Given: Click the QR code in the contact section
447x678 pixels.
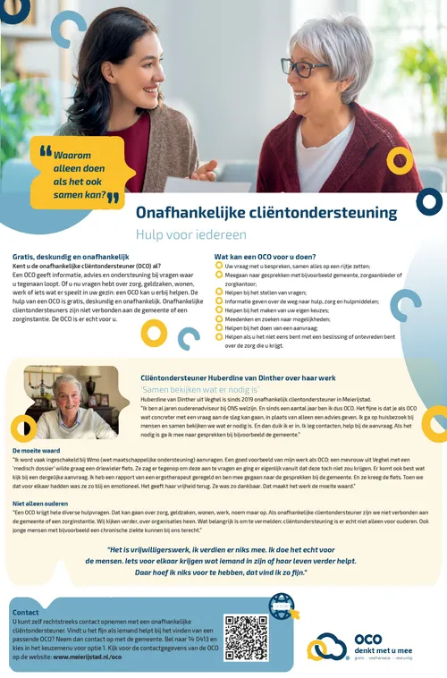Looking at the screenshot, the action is click(x=246, y=638).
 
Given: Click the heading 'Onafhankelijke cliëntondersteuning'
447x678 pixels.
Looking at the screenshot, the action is click(x=266, y=213).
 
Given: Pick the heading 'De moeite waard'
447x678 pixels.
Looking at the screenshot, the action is click(x=35, y=450).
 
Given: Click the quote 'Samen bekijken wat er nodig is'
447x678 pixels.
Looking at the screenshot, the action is click(x=199, y=390).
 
